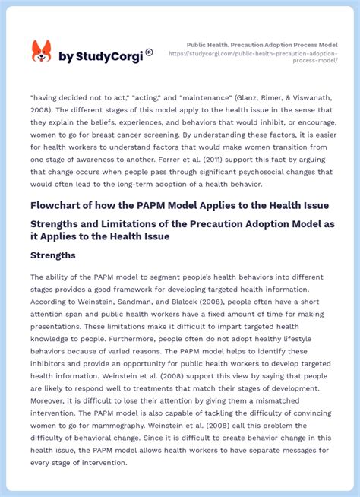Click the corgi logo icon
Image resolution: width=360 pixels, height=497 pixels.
(41, 52)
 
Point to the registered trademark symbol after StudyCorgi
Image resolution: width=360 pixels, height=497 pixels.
(149, 52)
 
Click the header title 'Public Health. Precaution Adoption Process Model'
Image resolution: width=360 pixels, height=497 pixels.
(263, 45)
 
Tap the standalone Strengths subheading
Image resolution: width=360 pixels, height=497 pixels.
(53, 255)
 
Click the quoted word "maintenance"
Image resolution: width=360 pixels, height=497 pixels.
(185, 97)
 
